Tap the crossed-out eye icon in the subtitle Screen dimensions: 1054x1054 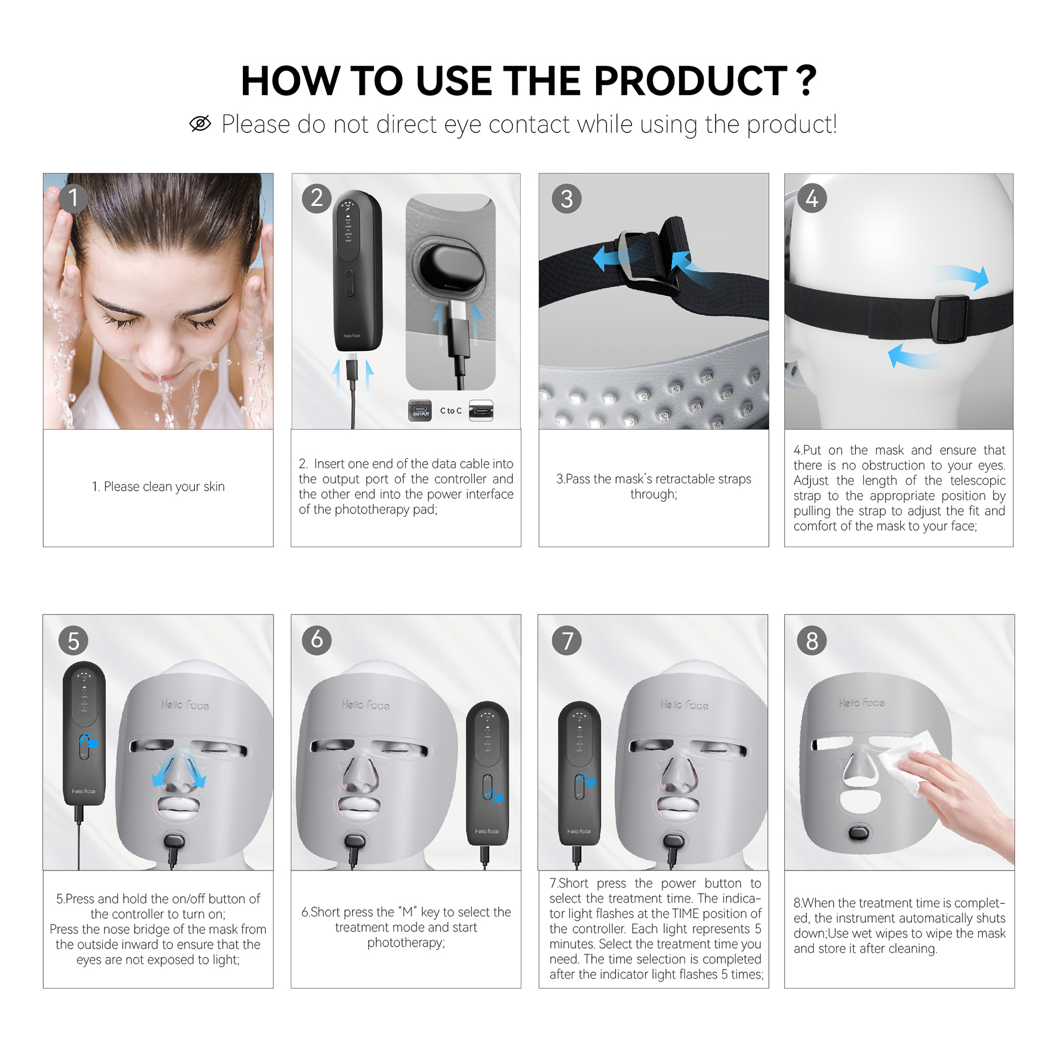point(200,124)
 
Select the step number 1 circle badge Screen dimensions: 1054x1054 point(73,198)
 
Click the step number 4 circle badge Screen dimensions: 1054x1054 point(812,198)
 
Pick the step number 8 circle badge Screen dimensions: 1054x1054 point(812,640)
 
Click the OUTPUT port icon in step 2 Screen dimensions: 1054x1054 point(419,410)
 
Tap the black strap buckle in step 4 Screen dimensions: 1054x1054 point(950,318)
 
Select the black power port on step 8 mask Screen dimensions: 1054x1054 point(858,833)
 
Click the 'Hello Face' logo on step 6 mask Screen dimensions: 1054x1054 point(366,705)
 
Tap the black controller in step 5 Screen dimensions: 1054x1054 point(84,734)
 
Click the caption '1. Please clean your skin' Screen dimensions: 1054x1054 point(158,486)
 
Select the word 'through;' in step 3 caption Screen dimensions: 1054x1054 point(653,494)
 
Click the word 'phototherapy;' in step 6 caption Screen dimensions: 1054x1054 point(406,943)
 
